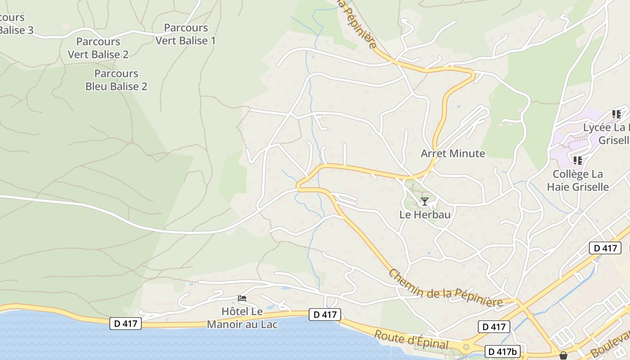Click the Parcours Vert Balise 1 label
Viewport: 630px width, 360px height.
coord(185,34)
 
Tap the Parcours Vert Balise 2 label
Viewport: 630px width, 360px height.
coord(98,48)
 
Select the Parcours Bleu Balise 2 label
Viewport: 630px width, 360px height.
coord(116,80)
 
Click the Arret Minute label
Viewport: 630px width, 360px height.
coord(453,153)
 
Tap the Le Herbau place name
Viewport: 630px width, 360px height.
coord(425,215)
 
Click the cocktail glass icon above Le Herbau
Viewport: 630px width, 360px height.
coord(424,201)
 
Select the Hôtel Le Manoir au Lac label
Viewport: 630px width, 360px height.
coord(242,318)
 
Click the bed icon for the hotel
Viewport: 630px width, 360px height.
coord(242,298)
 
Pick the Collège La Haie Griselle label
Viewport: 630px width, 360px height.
coord(578,180)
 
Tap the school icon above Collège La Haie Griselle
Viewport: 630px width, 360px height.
coord(578,160)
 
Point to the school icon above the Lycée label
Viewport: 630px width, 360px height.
coord(616,114)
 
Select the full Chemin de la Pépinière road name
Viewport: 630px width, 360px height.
coord(445,289)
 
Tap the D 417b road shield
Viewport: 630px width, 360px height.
coord(503,351)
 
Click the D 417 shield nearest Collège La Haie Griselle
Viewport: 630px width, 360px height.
coord(605,248)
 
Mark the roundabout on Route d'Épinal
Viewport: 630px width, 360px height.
coord(466,347)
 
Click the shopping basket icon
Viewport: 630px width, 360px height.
coord(563,355)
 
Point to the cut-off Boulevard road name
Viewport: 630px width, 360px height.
coord(610,344)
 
